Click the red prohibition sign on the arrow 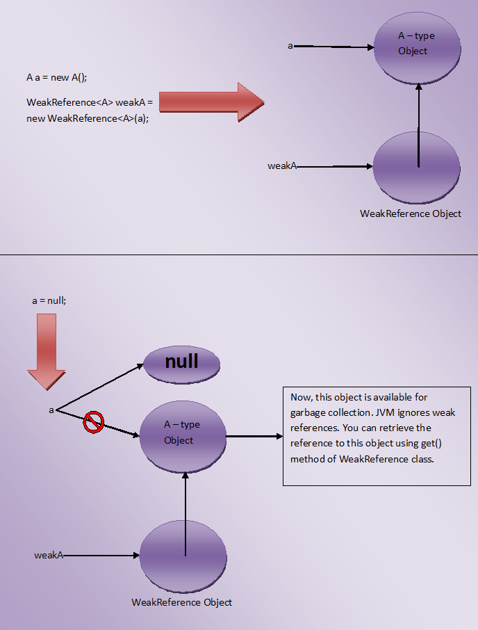(x=94, y=421)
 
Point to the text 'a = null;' (x=49, y=301)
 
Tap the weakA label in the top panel (x=283, y=166)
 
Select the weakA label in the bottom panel (x=49, y=555)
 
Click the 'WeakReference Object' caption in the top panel (x=411, y=213)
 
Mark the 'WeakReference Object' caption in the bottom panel (x=182, y=601)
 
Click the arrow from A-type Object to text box (x=254, y=437)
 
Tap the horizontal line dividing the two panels (x=239, y=255)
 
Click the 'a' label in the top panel (x=290, y=46)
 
